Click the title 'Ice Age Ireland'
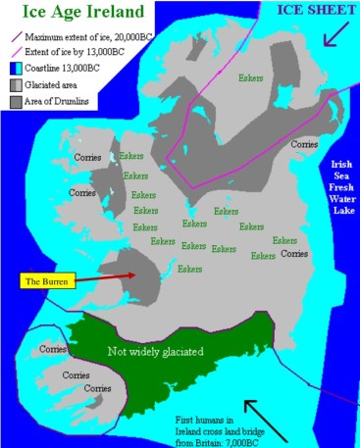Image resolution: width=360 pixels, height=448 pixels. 73,15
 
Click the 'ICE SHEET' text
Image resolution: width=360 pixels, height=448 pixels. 315,11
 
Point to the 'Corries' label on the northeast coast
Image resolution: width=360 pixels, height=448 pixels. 303,144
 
